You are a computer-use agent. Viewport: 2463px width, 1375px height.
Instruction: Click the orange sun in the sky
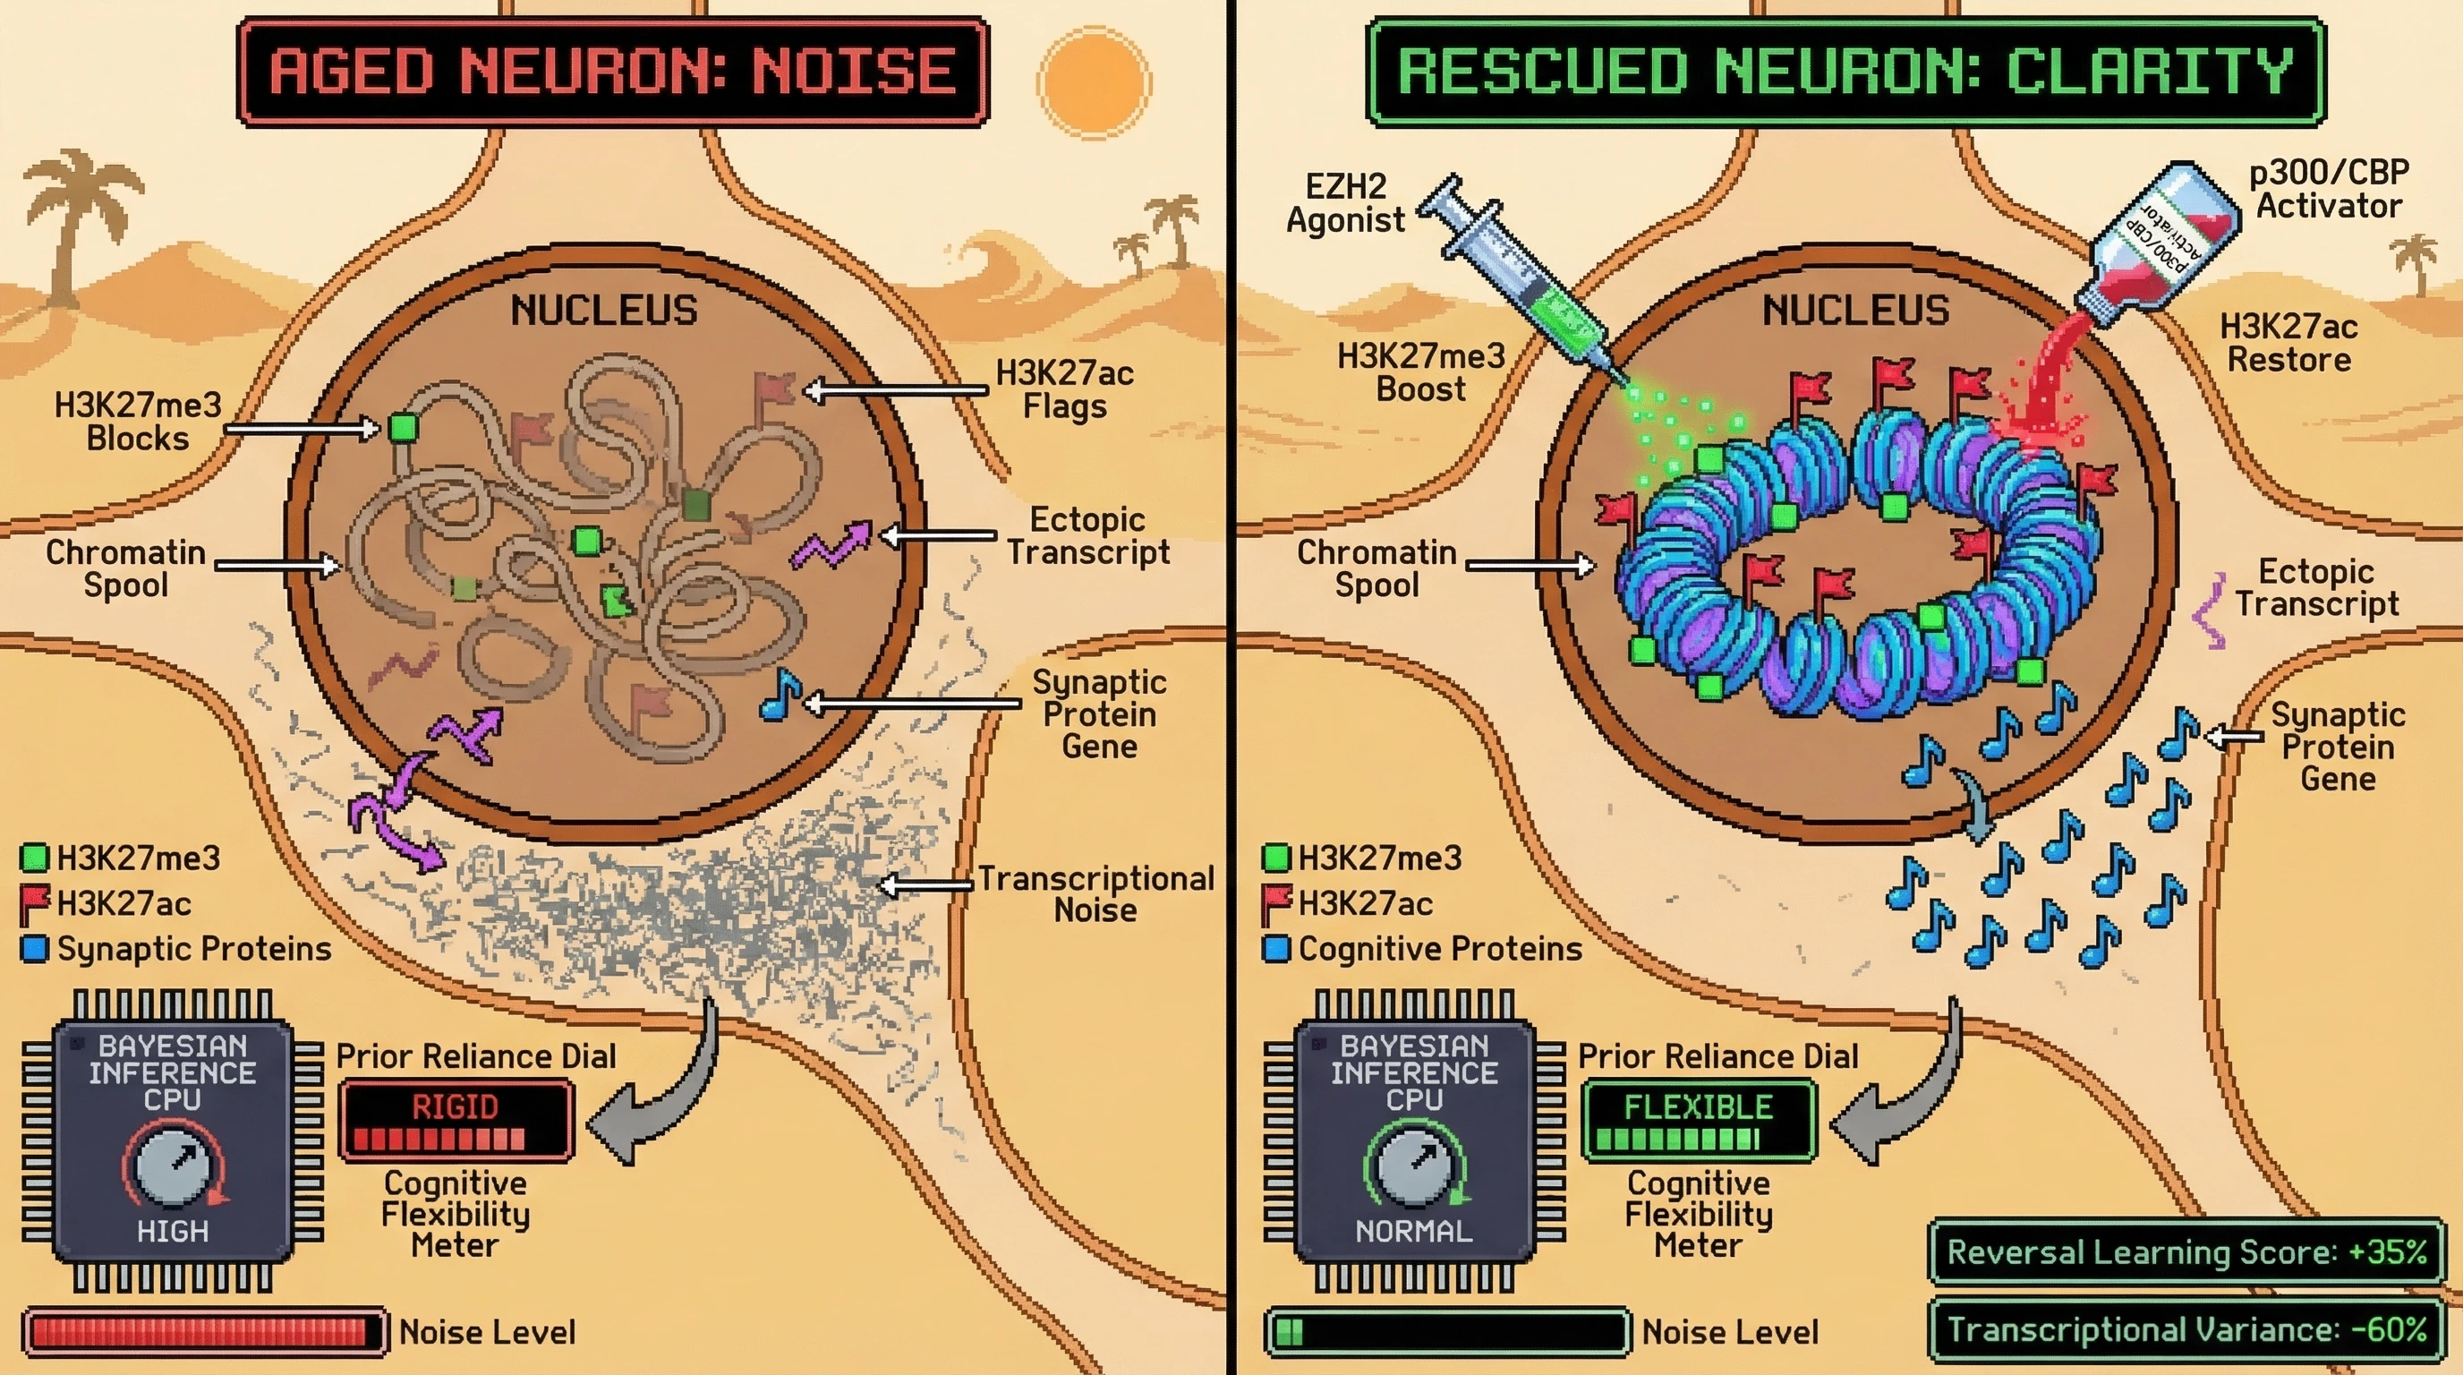(x=1094, y=83)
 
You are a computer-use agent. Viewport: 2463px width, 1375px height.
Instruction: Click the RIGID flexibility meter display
(x=456, y=1120)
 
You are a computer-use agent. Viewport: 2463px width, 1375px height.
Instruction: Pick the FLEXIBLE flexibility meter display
(x=1698, y=1120)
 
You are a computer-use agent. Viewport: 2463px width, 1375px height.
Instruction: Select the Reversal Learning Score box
(x=2186, y=1251)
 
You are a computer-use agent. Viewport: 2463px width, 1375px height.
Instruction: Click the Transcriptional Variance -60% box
(x=2186, y=1329)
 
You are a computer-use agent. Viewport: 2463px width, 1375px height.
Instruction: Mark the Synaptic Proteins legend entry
(x=177, y=949)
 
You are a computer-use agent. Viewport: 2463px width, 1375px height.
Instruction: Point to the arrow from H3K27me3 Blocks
(x=302, y=430)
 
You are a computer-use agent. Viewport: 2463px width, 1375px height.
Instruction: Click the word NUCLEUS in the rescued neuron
(x=1855, y=311)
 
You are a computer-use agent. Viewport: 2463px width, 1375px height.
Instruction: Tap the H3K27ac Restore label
(x=2288, y=342)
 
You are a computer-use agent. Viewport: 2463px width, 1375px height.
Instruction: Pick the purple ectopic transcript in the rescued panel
(x=2211, y=612)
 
